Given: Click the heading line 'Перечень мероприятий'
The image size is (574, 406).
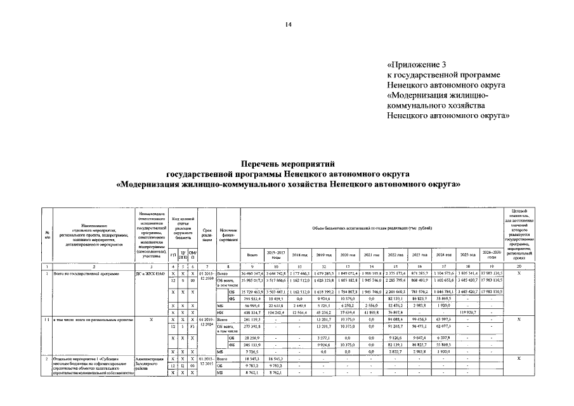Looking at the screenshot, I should tap(287, 162).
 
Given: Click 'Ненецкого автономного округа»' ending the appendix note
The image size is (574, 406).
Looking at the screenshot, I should tap(448, 116).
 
